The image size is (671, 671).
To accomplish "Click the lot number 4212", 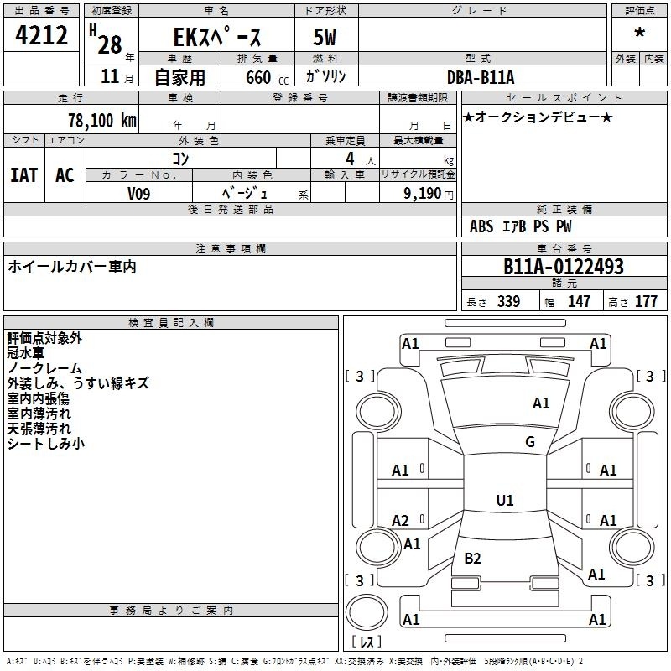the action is (x=41, y=35).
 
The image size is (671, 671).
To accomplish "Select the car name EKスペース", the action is (x=217, y=36).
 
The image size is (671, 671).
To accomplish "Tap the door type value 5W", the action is (x=325, y=37).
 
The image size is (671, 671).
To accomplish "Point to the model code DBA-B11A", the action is (x=481, y=77).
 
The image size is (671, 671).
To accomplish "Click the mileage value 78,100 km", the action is (x=102, y=120).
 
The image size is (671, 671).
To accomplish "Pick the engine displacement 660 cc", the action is (x=267, y=78).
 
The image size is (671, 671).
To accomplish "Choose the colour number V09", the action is (x=138, y=194).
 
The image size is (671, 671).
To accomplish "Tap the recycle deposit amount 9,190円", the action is (x=429, y=194).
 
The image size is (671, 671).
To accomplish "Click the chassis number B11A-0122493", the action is (x=564, y=267).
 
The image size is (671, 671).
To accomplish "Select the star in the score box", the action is (x=639, y=32).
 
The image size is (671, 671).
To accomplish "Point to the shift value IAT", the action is (x=24, y=175).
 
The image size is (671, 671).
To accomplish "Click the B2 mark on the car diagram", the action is (x=472, y=558).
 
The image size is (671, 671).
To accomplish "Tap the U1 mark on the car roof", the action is (x=505, y=500).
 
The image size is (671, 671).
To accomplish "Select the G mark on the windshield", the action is (x=530, y=441).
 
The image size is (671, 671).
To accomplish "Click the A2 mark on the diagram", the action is (x=400, y=520).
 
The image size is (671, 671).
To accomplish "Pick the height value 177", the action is (x=646, y=301).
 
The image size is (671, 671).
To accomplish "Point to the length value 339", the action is (x=508, y=301).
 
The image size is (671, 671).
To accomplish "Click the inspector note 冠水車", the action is (x=25, y=353).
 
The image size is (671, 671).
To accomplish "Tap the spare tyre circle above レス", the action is (x=367, y=612).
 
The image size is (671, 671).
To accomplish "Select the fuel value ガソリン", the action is (x=325, y=76).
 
